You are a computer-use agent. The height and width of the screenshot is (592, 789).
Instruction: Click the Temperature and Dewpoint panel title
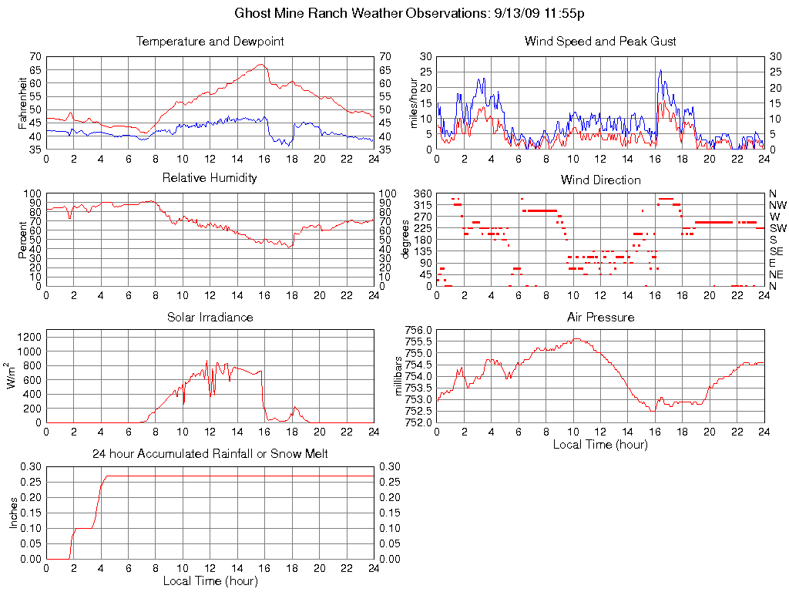coord(210,42)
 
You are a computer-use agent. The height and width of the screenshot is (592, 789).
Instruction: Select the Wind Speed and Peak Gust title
coord(600,42)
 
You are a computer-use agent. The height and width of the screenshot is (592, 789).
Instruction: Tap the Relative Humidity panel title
coord(210,178)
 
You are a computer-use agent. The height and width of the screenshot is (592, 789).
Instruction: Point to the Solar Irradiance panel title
coord(210,317)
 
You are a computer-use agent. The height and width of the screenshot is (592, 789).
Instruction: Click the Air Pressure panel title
coord(600,317)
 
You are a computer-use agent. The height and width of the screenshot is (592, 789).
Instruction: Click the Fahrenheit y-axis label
coord(23,103)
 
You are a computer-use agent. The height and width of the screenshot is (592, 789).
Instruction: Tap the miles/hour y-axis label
coord(414,103)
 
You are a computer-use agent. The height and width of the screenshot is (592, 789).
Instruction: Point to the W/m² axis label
coord(14,375)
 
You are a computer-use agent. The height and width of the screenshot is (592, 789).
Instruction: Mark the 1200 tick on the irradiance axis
coord(29,336)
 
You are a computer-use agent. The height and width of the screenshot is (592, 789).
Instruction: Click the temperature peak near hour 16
coord(262,65)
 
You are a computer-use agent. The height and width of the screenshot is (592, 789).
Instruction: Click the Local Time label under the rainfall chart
coord(210,580)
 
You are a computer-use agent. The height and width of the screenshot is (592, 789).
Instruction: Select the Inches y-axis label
coord(13,513)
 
